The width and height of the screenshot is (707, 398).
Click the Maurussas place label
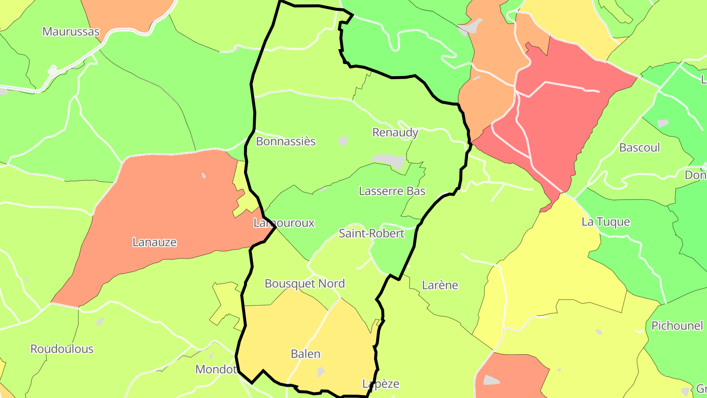(71, 32)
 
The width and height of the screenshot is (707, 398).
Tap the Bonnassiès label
(286, 142)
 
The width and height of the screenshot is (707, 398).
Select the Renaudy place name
(395, 133)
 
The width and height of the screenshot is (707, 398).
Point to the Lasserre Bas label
(392, 191)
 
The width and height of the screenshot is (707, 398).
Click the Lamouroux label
(284, 223)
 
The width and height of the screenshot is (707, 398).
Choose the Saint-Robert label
(372, 233)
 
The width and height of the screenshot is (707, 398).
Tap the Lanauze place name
(155, 242)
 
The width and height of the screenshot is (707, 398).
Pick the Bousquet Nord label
(304, 284)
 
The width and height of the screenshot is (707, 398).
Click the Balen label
(305, 354)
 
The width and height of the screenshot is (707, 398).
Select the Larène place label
(440, 285)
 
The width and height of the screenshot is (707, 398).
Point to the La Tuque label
(605, 222)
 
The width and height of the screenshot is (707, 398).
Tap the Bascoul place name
(639, 147)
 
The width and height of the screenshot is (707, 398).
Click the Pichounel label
(677, 326)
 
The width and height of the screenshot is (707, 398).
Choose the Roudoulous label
(62, 349)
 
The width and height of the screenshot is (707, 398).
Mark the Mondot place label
(217, 369)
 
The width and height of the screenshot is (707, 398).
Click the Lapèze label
(381, 384)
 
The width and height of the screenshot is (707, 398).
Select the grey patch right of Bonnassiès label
(343, 142)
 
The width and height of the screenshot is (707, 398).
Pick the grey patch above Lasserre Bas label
(389, 160)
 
